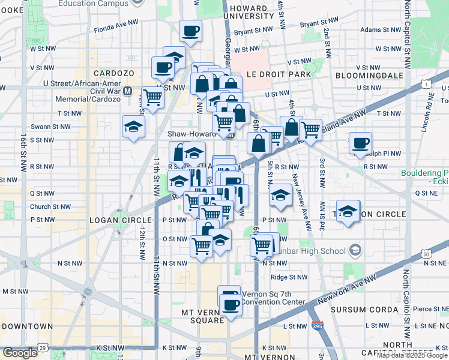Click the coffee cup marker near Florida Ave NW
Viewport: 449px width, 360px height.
pyautogui.click(x=191, y=31)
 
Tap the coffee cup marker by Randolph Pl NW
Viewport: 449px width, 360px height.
pyautogui.click(x=360, y=143)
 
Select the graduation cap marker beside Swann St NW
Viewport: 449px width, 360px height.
pyautogui.click(x=133, y=127)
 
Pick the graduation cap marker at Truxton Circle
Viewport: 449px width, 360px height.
pyautogui.click(x=348, y=211)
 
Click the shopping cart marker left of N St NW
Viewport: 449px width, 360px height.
pyautogui.click(x=202, y=245)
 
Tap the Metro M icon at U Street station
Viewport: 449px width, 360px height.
pyautogui.click(x=127, y=91)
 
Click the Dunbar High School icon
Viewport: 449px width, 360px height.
pyautogui.click(x=355, y=251)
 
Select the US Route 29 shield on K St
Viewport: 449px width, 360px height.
pyautogui.click(x=42, y=348)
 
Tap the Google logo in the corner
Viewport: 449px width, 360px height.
pyautogui.click(x=20, y=353)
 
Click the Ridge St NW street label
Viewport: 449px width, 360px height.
pyautogui.click(x=289, y=277)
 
